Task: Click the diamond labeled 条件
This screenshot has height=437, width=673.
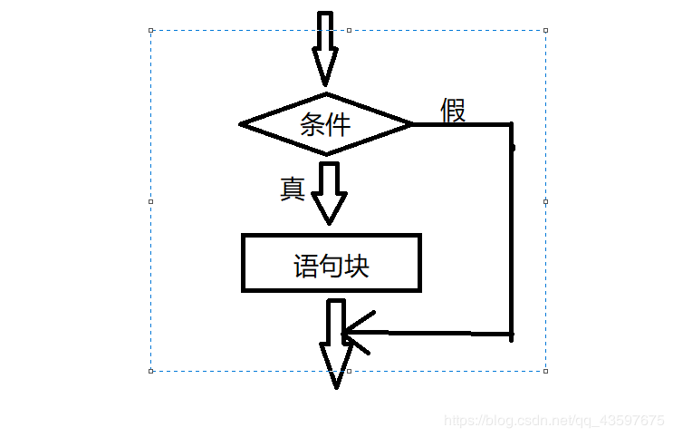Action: (326, 123)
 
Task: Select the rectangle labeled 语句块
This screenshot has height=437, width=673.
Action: (332, 263)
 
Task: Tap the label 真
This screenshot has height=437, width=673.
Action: (292, 189)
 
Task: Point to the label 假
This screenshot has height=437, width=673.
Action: (453, 110)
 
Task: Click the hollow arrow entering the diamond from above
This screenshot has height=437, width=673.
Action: (324, 50)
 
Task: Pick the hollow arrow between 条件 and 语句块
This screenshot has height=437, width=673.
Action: (329, 192)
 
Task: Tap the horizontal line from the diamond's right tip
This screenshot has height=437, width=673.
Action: (462, 123)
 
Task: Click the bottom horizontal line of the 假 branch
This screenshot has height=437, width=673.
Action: (435, 334)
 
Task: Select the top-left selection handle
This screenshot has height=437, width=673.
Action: (151, 30)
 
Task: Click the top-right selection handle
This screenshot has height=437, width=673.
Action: (545, 30)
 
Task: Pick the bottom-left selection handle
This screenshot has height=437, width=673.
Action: (151, 370)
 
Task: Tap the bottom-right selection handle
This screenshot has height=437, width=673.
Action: (545, 370)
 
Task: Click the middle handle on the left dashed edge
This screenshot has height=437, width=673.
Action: (151, 200)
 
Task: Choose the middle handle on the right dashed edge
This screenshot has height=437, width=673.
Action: (545, 200)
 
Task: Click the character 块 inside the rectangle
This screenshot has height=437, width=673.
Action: (357, 266)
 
